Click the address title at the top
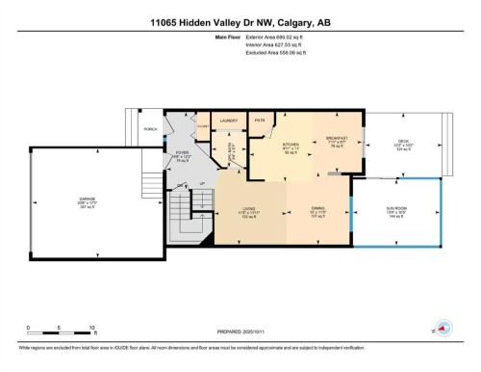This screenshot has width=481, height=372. pos(240,22)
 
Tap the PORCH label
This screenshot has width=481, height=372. pos(149,128)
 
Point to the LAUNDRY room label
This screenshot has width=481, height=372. pos(228,120)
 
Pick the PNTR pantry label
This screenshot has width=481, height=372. pos(260,120)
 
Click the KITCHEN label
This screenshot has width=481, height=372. pos(290,146)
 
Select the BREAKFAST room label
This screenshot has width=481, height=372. pos(338,141)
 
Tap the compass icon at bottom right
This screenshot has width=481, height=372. pos(443,328)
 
